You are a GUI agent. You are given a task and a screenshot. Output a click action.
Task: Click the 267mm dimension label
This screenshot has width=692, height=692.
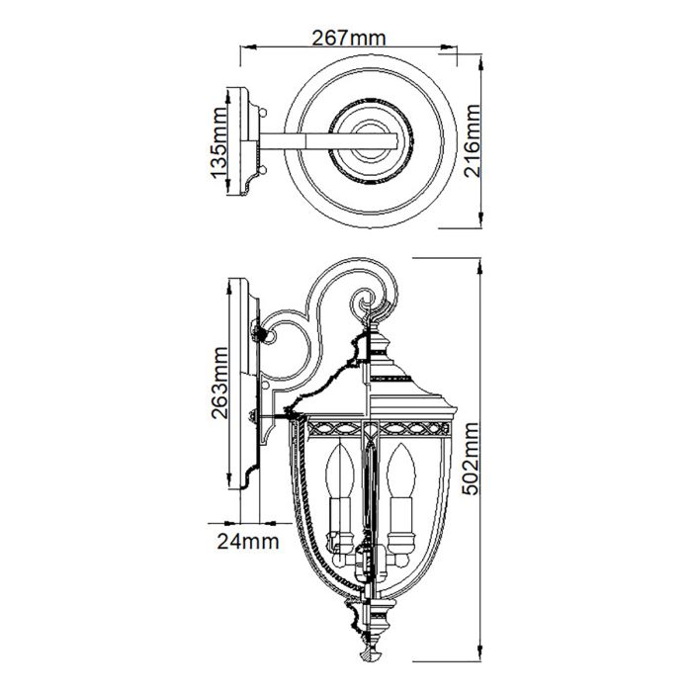pos(348,38)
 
